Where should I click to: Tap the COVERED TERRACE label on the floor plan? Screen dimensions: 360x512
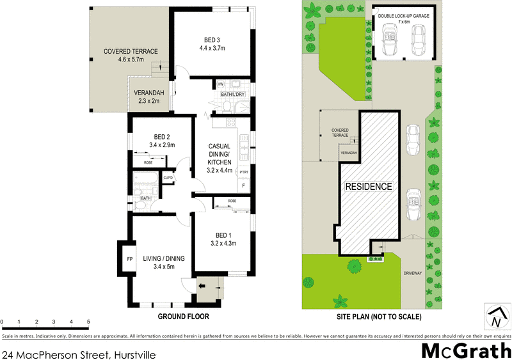(x=131, y=51)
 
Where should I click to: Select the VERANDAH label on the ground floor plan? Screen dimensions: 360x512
(x=149, y=93)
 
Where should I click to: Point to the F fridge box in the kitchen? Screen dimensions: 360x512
(x=243, y=185)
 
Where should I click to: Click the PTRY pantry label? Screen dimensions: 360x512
(x=243, y=172)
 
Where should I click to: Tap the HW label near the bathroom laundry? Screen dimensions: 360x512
(x=220, y=84)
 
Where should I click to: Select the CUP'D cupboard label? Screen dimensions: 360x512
(x=168, y=177)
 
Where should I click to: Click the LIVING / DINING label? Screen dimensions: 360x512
(x=163, y=258)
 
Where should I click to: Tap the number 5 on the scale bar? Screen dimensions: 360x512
(x=88, y=322)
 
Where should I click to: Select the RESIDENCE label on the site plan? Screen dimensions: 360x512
(x=369, y=187)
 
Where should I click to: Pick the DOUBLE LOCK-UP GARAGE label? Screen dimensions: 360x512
(x=403, y=17)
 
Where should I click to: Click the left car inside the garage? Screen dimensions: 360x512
(x=389, y=41)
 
